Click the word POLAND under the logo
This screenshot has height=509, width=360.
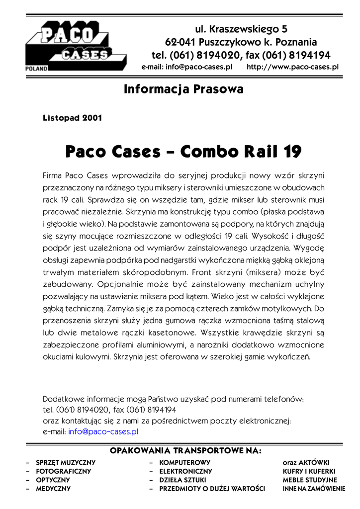pyautogui.click(x=36, y=68)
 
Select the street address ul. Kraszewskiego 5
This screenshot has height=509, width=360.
pyautogui.click(x=241, y=29)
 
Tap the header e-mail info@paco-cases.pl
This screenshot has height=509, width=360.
pyautogui.click(x=187, y=66)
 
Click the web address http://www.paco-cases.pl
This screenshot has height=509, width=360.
pyautogui.click(x=292, y=66)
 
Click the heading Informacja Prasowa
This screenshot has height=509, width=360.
pyautogui.click(x=183, y=90)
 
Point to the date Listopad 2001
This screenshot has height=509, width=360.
pyautogui.click(x=73, y=118)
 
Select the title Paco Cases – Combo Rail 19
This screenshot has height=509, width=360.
pyautogui.click(x=183, y=151)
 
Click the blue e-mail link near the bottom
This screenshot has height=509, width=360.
pyautogui.click(x=103, y=431)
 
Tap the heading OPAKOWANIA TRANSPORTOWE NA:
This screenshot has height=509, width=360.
pyautogui.click(x=185, y=451)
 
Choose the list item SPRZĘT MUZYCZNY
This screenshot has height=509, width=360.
pyautogui.click(x=65, y=462)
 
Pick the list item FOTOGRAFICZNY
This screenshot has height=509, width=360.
pyautogui.click(x=63, y=471)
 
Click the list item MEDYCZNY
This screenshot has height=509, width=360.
pyautogui.click(x=53, y=489)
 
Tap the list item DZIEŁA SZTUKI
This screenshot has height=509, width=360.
pyautogui.click(x=182, y=480)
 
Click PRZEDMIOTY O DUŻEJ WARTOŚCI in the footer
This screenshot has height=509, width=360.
pyautogui.click(x=212, y=489)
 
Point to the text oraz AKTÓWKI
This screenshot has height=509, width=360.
pyautogui.click(x=306, y=462)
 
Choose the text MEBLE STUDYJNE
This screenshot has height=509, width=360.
pyautogui.click(x=309, y=480)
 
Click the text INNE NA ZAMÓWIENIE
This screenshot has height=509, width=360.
pyautogui.click(x=313, y=489)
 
